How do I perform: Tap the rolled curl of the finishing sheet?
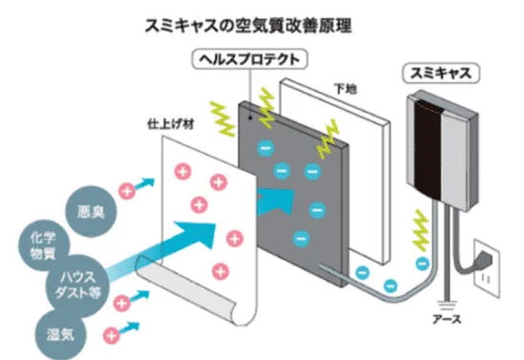[x=191, y=306]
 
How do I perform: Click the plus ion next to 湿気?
[x=113, y=335]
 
